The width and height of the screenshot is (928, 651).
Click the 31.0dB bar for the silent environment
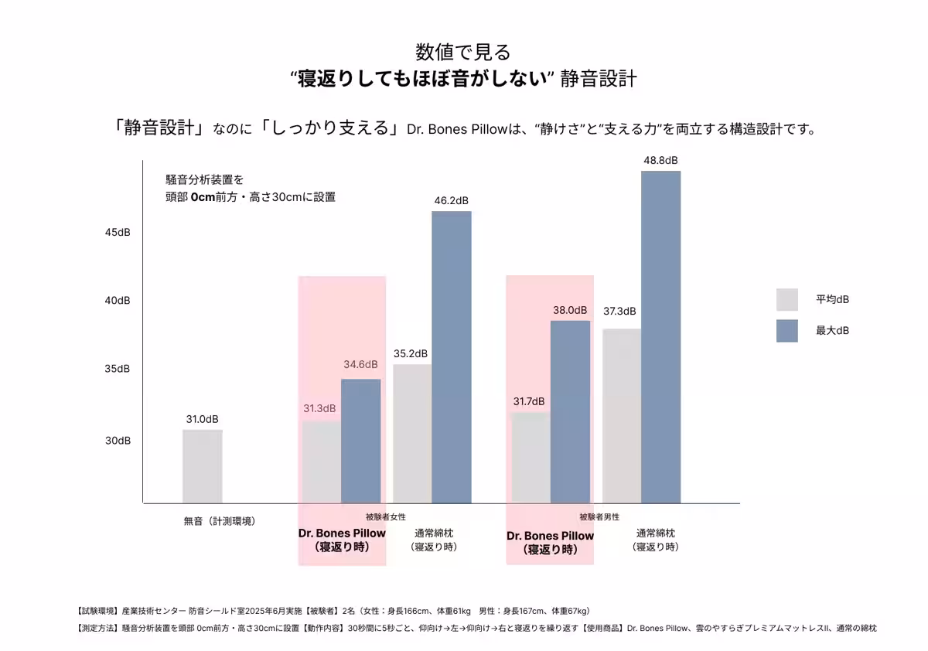[202, 466]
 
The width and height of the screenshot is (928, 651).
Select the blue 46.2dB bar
[452, 356]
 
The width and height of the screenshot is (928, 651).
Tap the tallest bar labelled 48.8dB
[660, 337]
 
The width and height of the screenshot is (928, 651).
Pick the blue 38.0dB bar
[570, 411]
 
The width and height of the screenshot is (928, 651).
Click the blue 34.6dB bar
[361, 441]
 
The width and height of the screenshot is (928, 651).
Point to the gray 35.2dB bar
[412, 433]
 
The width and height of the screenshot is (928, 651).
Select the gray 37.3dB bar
[622, 416]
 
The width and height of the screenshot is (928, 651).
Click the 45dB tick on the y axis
[118, 233]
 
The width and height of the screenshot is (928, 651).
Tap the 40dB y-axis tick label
[118, 301]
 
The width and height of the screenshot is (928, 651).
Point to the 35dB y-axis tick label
[118, 369]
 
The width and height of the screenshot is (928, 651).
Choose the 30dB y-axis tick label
[118, 441]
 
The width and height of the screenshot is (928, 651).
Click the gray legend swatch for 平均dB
[786, 299]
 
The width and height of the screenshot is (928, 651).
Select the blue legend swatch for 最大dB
[786, 331]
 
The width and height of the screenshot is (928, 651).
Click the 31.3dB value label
[319, 408]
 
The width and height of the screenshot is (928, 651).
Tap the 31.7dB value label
[529, 401]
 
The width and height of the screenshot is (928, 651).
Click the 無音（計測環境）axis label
[220, 521]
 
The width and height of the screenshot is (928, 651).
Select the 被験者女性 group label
[385, 516]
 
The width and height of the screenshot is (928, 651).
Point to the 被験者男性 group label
[599, 516]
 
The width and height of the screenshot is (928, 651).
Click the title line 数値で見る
[463, 52]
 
